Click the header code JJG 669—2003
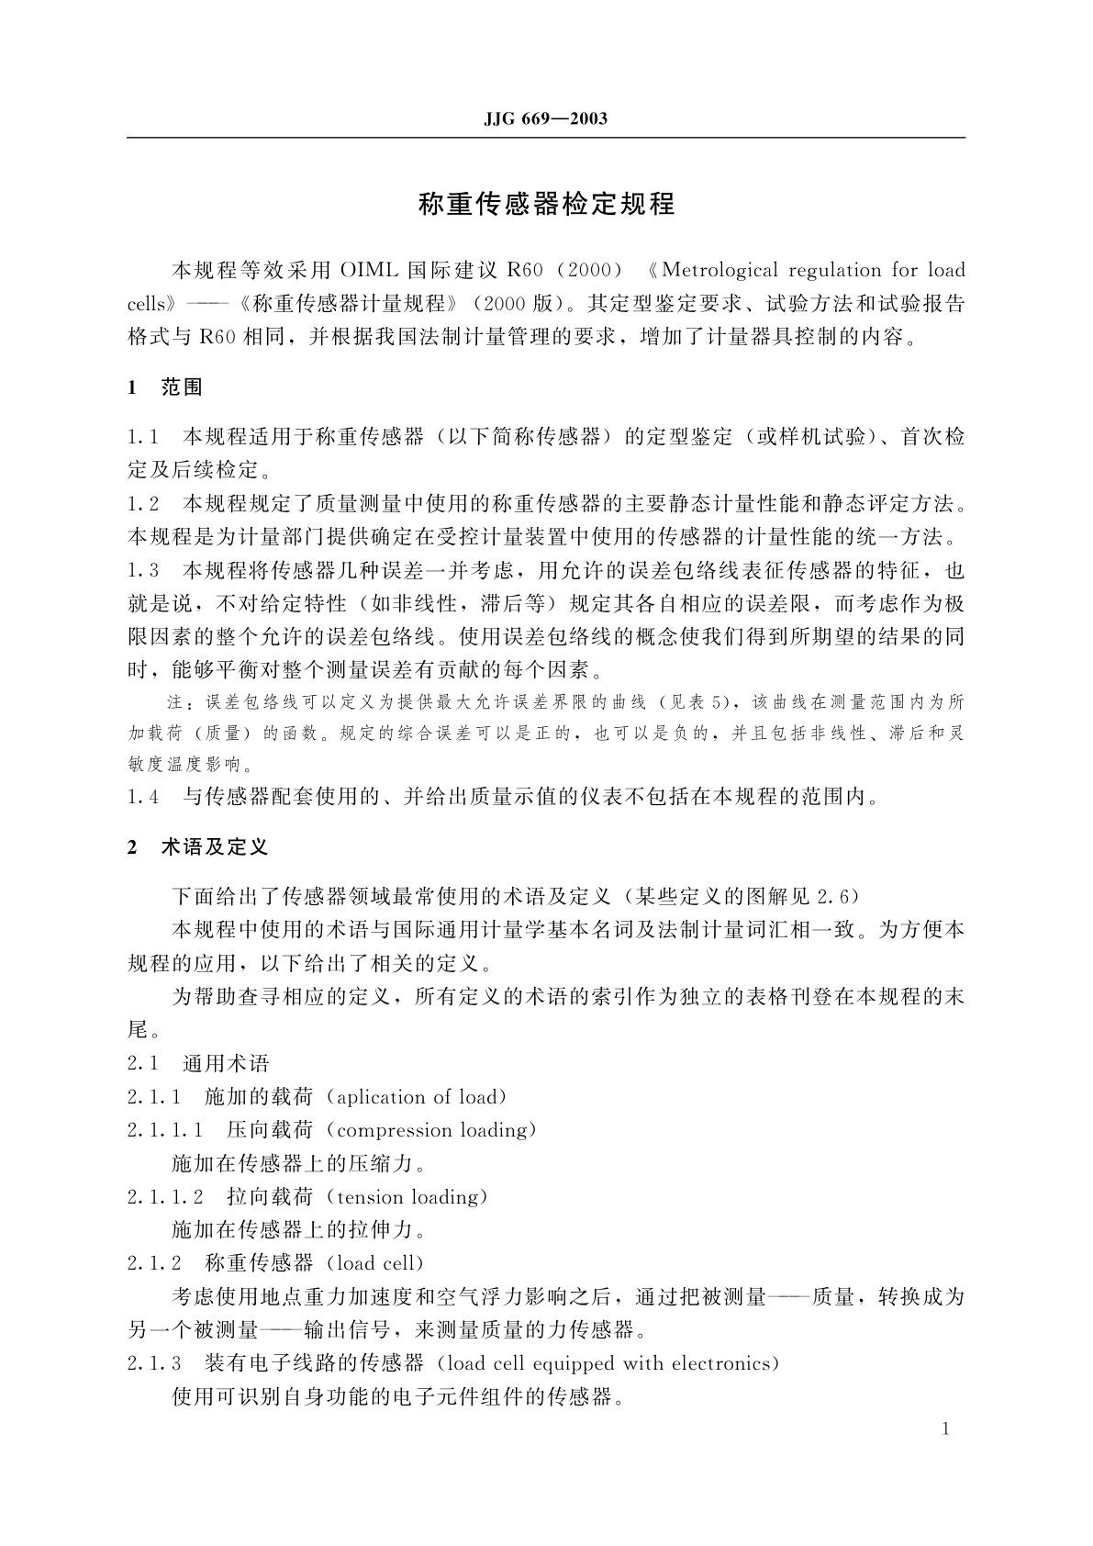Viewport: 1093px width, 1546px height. click(545, 119)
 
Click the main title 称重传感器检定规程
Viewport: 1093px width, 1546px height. click(546, 204)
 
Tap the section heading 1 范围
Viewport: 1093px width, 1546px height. click(165, 387)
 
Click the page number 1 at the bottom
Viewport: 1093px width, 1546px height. click(946, 1428)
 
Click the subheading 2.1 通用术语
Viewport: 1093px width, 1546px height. click(198, 1064)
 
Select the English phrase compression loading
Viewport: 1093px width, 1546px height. click(436, 1131)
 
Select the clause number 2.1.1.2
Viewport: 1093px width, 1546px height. click(165, 1197)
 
